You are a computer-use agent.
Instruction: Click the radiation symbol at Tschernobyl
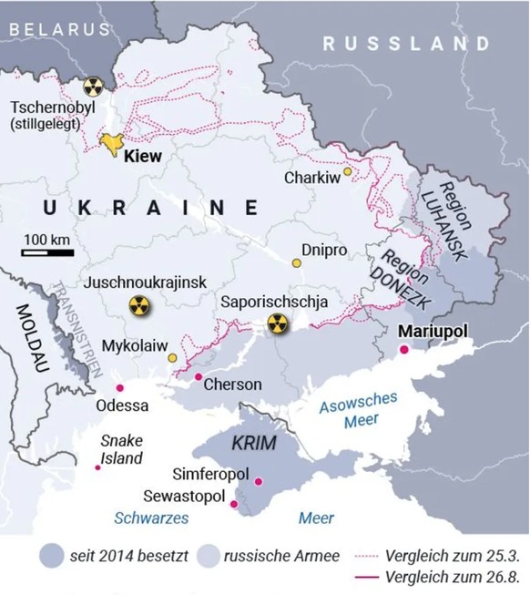point(91,87)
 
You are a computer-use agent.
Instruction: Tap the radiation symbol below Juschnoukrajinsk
point(138,307)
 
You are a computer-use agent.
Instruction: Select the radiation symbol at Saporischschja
point(277,323)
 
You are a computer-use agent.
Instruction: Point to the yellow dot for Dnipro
point(296,263)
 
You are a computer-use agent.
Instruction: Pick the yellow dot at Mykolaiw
point(172,359)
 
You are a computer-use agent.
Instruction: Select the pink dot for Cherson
point(199,376)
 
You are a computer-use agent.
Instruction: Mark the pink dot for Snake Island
point(98,467)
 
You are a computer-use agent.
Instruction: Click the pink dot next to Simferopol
point(259,481)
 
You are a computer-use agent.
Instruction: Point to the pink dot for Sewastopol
point(234,504)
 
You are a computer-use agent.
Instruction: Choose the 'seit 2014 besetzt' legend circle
point(53,555)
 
